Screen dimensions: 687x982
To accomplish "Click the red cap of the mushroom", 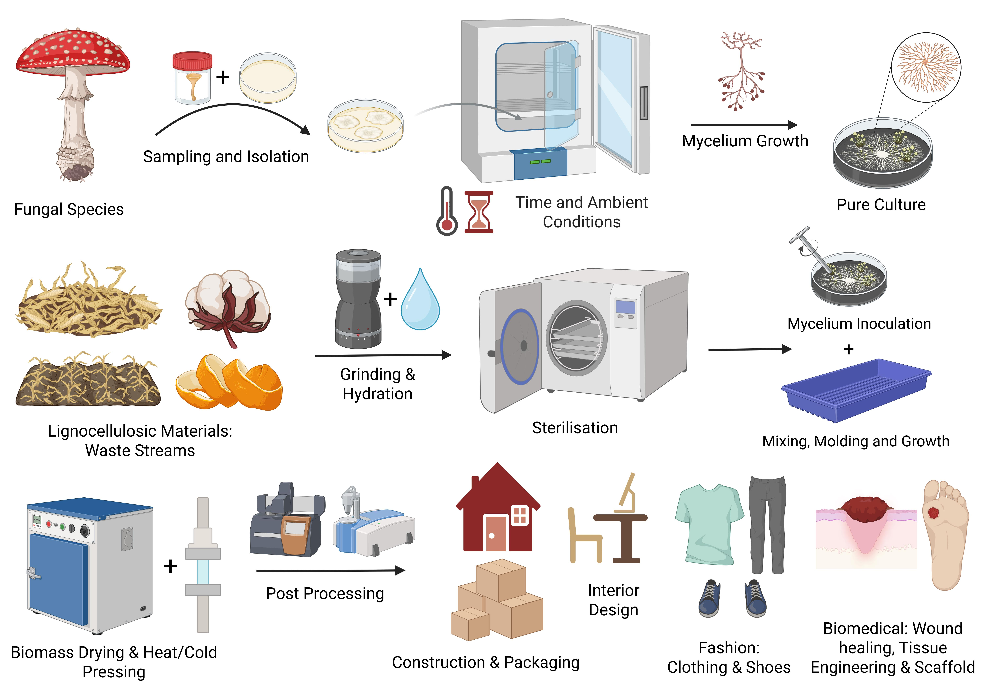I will pos(73,51).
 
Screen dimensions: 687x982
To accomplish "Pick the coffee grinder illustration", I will pos(358,299).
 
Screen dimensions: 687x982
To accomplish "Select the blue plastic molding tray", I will pos(855,389).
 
